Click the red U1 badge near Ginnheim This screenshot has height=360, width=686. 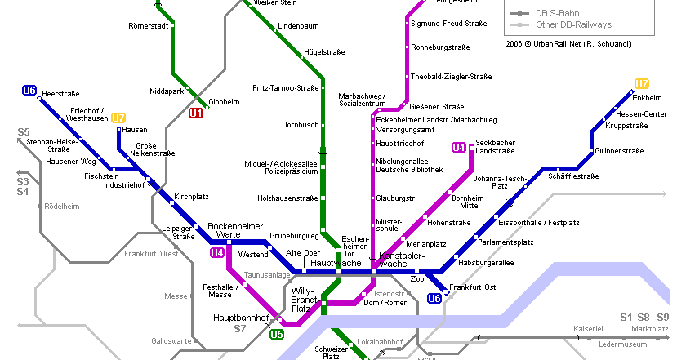[x=196, y=113]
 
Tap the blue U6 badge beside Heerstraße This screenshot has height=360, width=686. [x=29, y=91]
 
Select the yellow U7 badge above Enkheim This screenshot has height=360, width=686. [x=642, y=83]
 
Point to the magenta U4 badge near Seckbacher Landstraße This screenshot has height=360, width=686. [x=459, y=148]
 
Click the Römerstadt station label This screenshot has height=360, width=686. [x=149, y=26]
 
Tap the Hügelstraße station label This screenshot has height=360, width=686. [x=324, y=51]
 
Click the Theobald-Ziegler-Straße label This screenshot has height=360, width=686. [x=451, y=77]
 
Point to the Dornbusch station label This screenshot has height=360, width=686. [x=300, y=125]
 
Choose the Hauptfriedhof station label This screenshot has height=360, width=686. [x=396, y=144]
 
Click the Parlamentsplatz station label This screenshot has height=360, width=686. [x=506, y=242]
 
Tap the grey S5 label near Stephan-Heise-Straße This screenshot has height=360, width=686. [x=24, y=132]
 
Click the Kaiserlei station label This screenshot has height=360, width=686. [x=589, y=329]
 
